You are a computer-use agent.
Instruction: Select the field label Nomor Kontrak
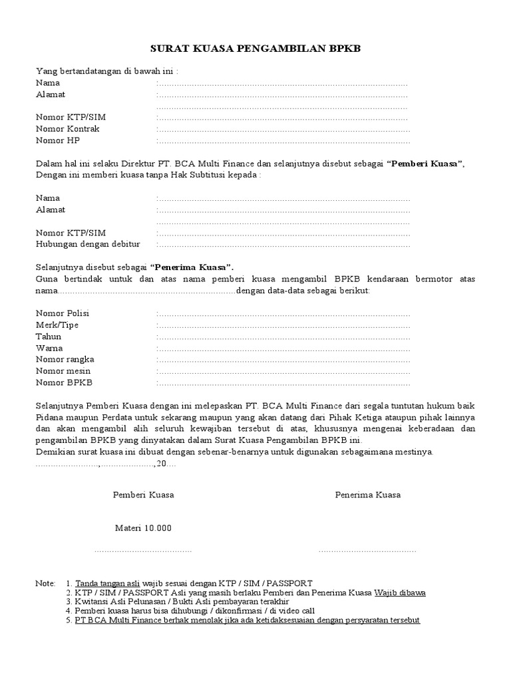67,129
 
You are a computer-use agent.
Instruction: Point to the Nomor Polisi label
63,313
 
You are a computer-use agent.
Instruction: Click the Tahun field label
48,337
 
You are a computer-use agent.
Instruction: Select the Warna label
49,348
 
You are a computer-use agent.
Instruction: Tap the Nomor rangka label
65,360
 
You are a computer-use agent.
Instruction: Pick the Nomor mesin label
63,371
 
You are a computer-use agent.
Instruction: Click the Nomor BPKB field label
64,383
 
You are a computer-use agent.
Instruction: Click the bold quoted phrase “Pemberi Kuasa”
425,164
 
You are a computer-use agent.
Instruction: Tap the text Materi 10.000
143,528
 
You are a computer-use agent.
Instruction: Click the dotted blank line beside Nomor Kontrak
283,130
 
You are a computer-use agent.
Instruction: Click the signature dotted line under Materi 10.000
143,551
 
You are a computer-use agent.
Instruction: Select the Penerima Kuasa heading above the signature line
368,495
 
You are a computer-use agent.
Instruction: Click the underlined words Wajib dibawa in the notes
400,592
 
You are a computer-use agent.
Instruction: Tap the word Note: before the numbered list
45,583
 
